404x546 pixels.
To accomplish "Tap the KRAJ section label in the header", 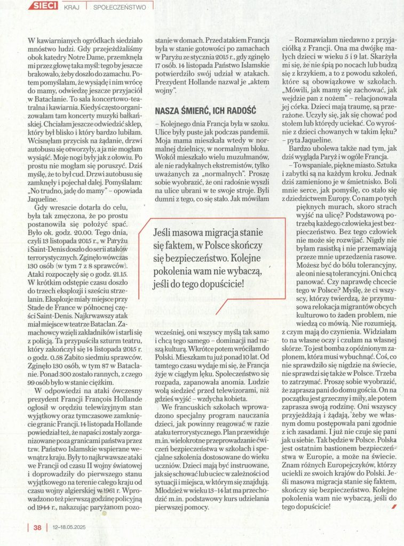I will [x=72, y=7].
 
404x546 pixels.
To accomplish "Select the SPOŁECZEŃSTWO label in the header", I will [x=120, y=7].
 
